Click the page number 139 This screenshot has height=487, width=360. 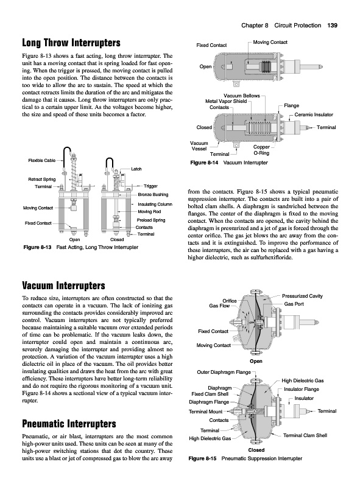333,26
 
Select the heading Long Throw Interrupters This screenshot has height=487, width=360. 71,43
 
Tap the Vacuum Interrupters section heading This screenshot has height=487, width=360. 64,286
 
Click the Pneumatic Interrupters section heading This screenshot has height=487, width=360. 69,424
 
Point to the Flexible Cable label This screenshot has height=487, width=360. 42,160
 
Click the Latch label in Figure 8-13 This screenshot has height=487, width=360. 136,169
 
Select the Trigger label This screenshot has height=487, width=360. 150,186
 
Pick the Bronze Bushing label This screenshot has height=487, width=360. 153,194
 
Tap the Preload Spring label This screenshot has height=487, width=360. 151,220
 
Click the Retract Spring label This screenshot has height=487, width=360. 42,179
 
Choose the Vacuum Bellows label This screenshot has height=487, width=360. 242,96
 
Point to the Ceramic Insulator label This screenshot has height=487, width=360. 314,114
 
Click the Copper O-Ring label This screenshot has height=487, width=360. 261,150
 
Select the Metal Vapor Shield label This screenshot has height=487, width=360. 226,101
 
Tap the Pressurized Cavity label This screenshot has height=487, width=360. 302,296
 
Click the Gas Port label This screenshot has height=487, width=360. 294,304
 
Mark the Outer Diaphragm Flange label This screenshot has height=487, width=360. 224,372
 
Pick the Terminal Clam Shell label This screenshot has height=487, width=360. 305,435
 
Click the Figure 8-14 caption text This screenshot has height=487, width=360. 229,163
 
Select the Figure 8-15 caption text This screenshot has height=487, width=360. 245,458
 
